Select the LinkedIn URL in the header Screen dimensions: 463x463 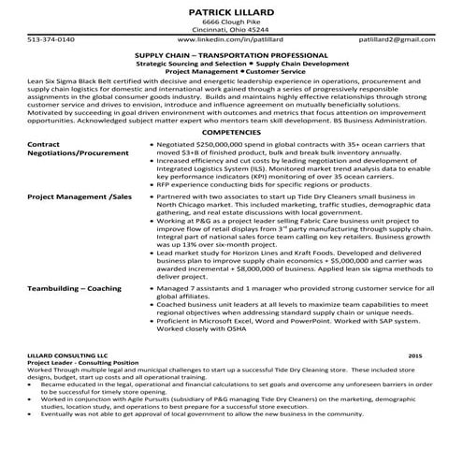(x=231, y=41)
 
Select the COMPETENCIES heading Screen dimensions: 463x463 (x=231, y=134)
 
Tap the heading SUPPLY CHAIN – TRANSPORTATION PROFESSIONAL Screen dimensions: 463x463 (x=231, y=56)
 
